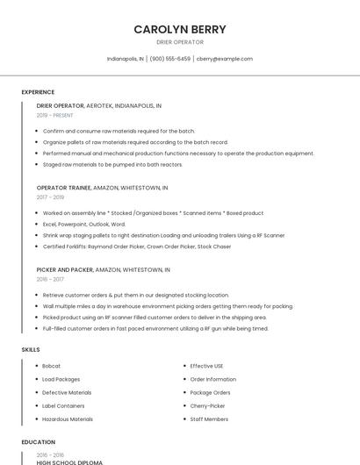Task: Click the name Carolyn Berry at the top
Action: point(179,29)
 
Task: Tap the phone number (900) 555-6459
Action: point(170,59)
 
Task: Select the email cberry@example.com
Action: point(225,59)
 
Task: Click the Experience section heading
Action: point(38,91)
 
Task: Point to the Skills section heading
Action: point(31,350)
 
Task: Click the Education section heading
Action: point(39,442)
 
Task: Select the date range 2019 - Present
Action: point(55,115)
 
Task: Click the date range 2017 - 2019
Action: point(50,197)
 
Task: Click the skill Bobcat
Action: point(52,366)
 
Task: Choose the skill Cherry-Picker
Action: point(208,406)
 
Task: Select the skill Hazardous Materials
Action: point(68,419)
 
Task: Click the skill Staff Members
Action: point(209,419)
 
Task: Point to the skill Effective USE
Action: point(207,366)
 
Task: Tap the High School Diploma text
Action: point(69,461)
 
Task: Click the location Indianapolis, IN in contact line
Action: point(126,59)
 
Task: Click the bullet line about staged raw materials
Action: point(112,164)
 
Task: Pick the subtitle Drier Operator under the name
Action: point(179,42)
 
